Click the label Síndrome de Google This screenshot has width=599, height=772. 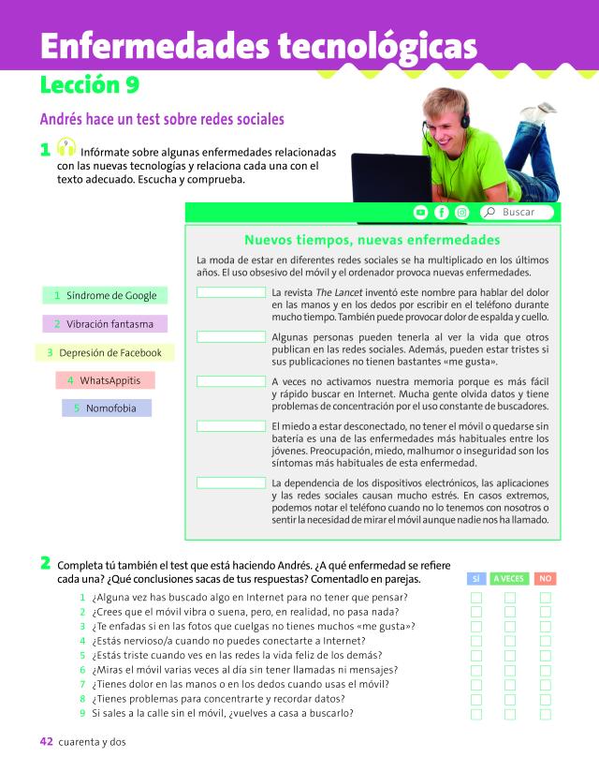click(105, 295)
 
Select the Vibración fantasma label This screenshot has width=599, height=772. click(105, 324)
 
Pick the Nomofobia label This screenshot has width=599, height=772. click(106, 408)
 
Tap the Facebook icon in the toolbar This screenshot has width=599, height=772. click(441, 213)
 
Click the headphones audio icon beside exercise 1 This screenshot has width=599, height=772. click(66, 148)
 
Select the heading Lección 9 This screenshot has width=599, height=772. click(90, 86)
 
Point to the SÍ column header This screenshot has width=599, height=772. click(475, 578)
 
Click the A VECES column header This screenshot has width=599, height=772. click(510, 578)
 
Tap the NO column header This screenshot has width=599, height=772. click(546, 578)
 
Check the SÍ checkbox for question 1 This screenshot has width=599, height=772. click(475, 598)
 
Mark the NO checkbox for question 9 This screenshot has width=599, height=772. click(546, 714)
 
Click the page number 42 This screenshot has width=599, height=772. click(46, 741)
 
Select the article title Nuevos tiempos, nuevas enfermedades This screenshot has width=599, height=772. click(372, 240)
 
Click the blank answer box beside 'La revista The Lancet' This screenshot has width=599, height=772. click(231, 292)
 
